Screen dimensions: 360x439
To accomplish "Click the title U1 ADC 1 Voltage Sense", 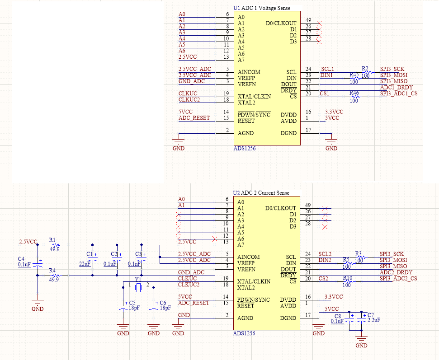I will pyautogui.click(x=262, y=8).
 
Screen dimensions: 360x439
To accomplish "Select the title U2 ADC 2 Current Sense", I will pyautogui.click(x=261, y=193).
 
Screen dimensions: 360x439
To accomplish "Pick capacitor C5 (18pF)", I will pyautogui.click(x=123, y=307).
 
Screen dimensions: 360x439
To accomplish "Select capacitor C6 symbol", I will pyautogui.click(x=154, y=307).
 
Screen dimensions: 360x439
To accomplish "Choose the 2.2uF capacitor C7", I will pyautogui.click(x=361, y=318).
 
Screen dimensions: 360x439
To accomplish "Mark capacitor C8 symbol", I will pyautogui.click(x=348, y=318).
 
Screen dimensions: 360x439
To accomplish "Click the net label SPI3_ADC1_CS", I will pyautogui.click(x=398, y=94).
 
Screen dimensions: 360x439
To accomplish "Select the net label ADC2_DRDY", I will pyautogui.click(x=396, y=272).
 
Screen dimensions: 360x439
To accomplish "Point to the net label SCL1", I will pyautogui.click(x=327, y=69).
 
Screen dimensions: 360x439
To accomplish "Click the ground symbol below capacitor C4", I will pyautogui.click(x=37, y=304).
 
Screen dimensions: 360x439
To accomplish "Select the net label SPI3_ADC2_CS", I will pyautogui.click(x=398, y=279).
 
